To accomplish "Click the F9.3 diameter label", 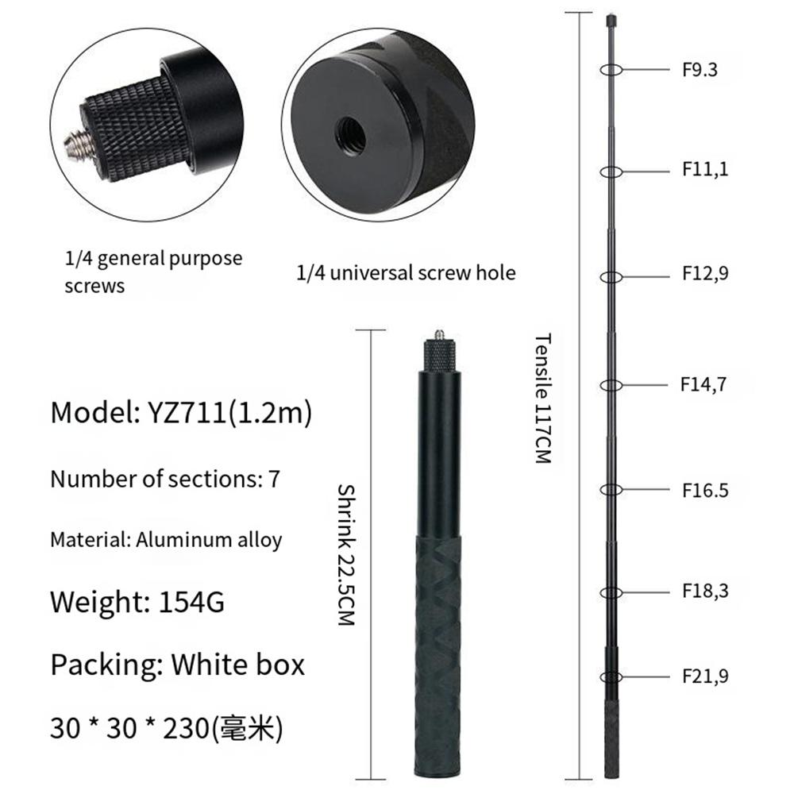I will pyautogui.click(x=700, y=69).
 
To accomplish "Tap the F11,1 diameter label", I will pyautogui.click(x=704, y=169).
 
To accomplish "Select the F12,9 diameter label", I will pyautogui.click(x=704, y=273).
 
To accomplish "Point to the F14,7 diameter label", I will pyautogui.click(x=703, y=384).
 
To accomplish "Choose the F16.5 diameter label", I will pyautogui.click(x=704, y=490).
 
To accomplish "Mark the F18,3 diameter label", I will pyautogui.click(x=704, y=592).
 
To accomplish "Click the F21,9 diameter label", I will pyautogui.click(x=704, y=676).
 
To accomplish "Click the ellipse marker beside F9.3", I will pyautogui.click(x=610, y=69).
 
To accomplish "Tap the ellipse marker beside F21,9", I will pyautogui.click(x=610, y=676).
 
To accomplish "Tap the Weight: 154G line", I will pyautogui.click(x=137, y=602).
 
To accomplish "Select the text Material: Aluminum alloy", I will pyautogui.click(x=166, y=540).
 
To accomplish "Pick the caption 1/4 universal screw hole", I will pyautogui.click(x=406, y=273).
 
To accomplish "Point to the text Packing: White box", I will pyautogui.click(x=177, y=664).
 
